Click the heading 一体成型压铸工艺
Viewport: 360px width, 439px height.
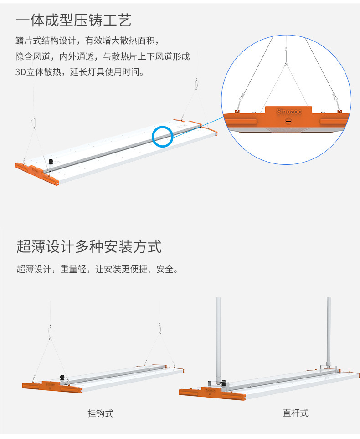73,20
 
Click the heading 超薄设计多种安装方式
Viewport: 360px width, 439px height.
89,246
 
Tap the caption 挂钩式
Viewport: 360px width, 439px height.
100,413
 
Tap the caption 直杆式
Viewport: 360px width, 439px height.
295,413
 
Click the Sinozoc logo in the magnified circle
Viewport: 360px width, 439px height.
288,112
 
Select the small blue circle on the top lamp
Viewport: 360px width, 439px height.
162,136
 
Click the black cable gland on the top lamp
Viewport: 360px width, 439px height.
51,161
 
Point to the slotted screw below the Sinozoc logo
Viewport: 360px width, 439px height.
288,122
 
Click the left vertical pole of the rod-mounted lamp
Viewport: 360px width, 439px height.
218,337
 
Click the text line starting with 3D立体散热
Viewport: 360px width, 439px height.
80,72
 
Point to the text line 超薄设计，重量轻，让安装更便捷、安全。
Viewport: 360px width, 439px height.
97,269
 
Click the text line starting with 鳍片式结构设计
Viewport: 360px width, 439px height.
87,41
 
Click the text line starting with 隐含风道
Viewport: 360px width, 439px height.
103,56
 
